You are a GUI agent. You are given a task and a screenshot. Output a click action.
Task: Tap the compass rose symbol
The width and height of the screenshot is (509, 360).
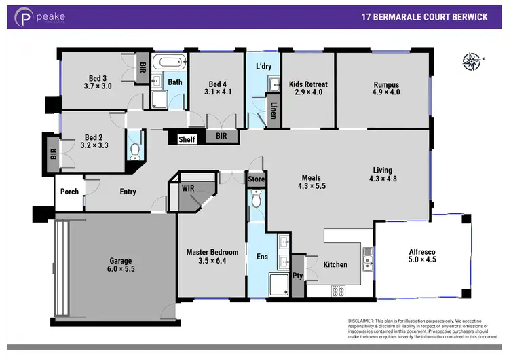[x=471, y=62]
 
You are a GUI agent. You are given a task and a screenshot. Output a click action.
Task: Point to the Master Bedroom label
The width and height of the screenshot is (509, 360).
[x=213, y=252]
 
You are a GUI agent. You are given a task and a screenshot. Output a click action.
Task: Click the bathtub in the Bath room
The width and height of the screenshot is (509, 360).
[x=169, y=62]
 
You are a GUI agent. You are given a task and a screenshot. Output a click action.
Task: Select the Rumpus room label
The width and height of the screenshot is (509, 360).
[x=386, y=85]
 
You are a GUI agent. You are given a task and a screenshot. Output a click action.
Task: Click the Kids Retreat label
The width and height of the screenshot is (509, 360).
[x=307, y=85]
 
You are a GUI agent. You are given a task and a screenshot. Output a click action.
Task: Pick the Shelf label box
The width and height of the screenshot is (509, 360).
[x=187, y=139]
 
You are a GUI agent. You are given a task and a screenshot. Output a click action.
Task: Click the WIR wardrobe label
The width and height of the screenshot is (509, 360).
[x=189, y=188]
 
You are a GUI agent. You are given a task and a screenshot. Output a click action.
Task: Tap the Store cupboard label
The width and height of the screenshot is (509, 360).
[x=257, y=179]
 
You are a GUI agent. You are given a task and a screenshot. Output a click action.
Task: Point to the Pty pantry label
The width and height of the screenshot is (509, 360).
[x=297, y=276]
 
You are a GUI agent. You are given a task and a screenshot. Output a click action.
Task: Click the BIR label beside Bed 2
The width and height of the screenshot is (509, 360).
[x=53, y=154]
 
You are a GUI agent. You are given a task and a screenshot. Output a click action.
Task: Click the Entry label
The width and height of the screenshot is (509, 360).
[x=128, y=192]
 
